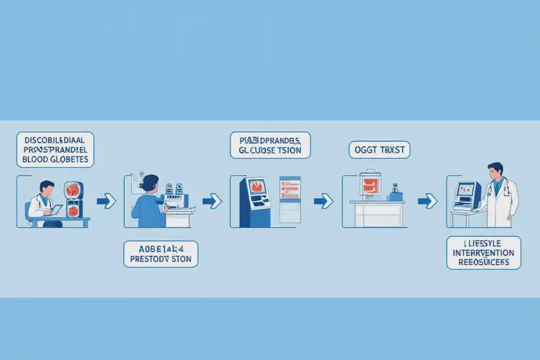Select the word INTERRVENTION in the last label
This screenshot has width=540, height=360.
483,253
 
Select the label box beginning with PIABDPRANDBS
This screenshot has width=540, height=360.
271,144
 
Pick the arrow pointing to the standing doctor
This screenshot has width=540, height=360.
430,199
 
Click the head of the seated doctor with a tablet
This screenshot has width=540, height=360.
45,188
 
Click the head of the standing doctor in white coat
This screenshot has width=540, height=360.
495,172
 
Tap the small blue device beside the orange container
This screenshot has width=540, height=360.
395,193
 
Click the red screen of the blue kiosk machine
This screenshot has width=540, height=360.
257,191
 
